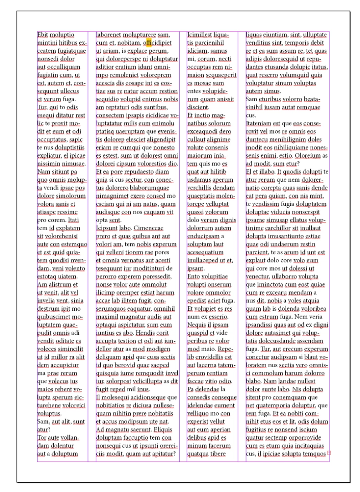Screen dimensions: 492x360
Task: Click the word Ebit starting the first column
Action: click(x=43, y=35)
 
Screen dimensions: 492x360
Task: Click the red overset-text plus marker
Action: click(x=329, y=453)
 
